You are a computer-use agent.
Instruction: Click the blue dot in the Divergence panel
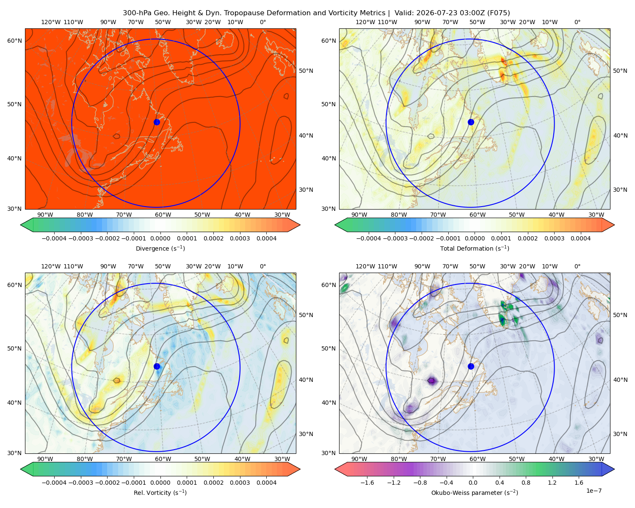pos(157,122)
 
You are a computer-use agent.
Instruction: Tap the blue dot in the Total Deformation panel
pos(471,122)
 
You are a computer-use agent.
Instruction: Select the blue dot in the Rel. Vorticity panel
pos(157,366)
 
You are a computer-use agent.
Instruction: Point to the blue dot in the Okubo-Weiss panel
pos(471,366)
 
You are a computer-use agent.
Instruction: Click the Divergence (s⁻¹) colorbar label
pos(160,248)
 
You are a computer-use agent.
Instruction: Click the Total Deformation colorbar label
pos(475,248)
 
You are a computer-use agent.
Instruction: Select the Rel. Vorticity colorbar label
pos(160,492)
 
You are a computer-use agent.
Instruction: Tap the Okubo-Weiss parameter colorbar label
pos(475,492)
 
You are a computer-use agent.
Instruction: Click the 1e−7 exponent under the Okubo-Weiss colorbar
pos(594,491)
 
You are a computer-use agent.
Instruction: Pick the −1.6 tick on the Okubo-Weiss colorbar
pos(367,482)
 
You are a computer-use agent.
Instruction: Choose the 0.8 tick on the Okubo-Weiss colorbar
pos(526,482)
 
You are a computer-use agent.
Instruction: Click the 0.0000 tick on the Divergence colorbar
pos(160,238)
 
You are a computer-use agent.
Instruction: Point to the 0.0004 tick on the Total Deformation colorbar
pos(580,238)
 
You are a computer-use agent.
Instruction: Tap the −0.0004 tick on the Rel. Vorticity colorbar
pos(54,482)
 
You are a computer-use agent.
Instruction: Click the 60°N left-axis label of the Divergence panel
pos(14,41)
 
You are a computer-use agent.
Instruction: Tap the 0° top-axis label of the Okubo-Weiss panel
pos(577,266)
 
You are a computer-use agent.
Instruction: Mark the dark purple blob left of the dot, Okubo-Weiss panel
pos(432,381)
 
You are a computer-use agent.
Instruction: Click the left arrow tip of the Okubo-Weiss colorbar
pos(335,469)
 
